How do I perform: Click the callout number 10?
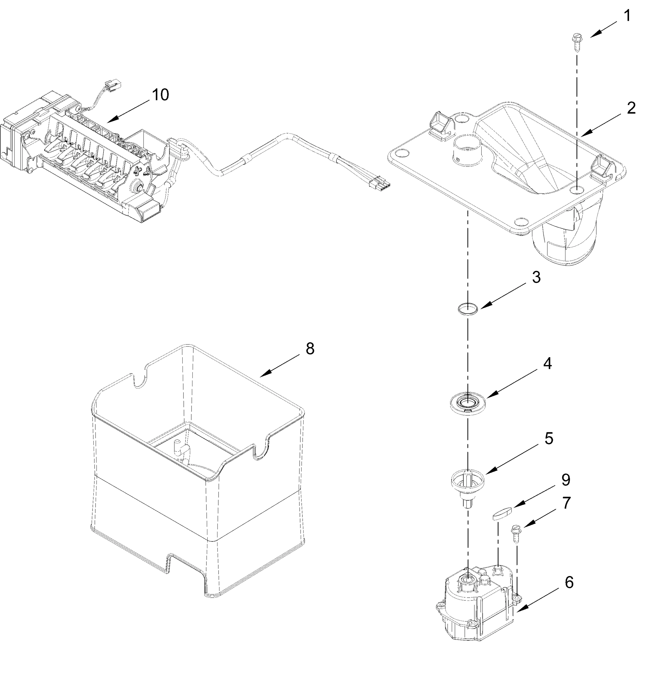coord(161,95)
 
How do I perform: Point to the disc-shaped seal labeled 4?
coord(468,402)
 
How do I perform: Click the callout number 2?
coord(631,109)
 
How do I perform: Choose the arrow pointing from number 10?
coord(127,110)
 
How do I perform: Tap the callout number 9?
coord(566,480)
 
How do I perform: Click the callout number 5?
coord(549,438)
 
